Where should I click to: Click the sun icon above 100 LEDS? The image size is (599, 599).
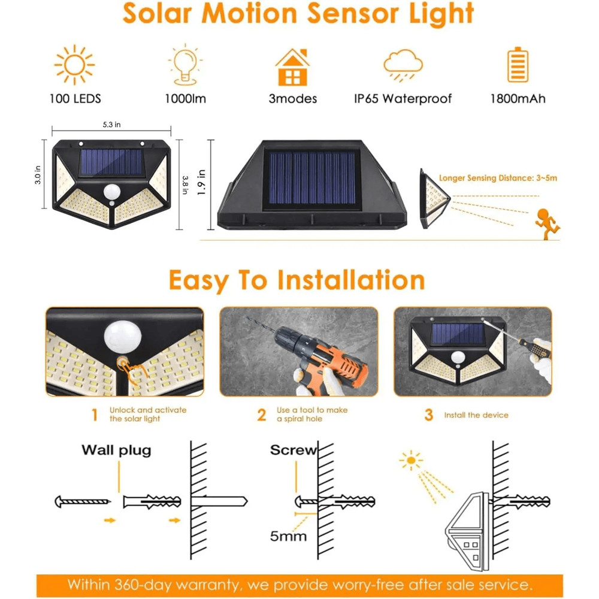74,65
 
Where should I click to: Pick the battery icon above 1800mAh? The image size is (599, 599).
518,65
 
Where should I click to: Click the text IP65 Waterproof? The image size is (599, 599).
403,99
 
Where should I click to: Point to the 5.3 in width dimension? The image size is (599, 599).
111,125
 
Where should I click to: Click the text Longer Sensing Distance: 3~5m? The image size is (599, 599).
498,178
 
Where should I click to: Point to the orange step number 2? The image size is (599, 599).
262,415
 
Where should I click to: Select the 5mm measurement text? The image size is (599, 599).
288,536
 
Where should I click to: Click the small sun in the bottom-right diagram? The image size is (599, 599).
410,461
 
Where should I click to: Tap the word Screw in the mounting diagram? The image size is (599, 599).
292,450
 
